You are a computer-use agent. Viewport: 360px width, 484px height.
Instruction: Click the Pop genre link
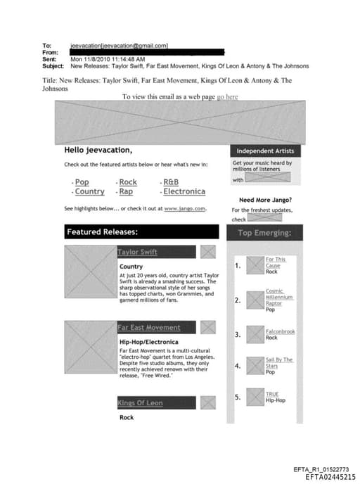click(82, 182)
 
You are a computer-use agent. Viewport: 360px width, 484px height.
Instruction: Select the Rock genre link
click(128, 182)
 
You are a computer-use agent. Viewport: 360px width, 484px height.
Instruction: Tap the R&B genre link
click(170, 182)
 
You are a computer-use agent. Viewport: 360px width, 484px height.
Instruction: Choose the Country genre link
click(89, 191)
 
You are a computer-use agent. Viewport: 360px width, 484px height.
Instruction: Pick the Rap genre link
click(126, 191)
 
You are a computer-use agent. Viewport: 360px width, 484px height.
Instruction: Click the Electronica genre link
click(184, 191)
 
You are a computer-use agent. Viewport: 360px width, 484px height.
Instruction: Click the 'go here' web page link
click(227, 96)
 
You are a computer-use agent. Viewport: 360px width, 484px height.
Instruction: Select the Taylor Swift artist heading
click(137, 252)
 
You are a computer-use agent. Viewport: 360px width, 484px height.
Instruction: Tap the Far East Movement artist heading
click(148, 327)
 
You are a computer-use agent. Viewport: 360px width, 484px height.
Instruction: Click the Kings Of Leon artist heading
click(140, 403)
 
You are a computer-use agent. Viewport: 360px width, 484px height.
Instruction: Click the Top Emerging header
click(264, 233)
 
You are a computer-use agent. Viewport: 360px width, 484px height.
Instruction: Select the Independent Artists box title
click(264, 151)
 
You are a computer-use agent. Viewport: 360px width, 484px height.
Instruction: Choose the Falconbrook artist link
click(280, 331)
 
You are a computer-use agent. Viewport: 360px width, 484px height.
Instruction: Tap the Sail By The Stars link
click(278, 362)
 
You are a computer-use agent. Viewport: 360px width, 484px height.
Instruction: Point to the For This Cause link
click(275, 262)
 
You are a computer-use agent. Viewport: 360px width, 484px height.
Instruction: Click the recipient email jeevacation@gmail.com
click(120, 45)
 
